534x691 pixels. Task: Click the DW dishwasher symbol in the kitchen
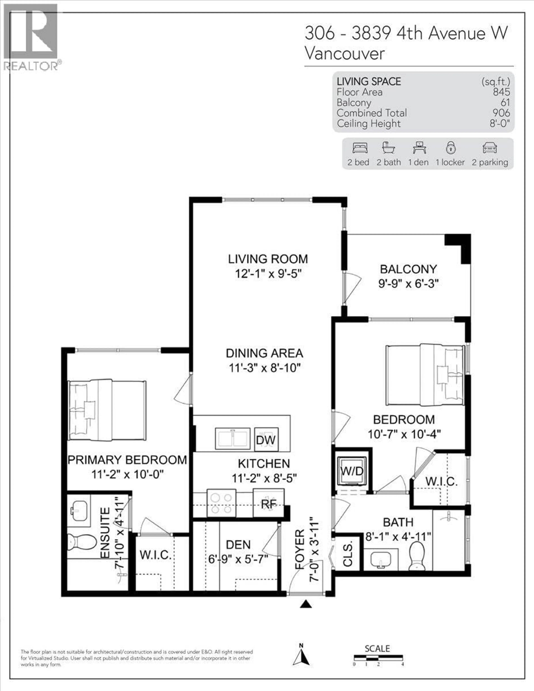[x=266, y=440]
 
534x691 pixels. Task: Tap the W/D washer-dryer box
[x=352, y=471]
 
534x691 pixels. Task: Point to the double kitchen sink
[x=233, y=439]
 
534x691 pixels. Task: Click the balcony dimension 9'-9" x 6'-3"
[x=408, y=283]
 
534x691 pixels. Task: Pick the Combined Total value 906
[x=501, y=113]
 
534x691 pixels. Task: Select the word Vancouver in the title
[x=345, y=54]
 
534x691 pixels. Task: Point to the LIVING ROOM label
[x=268, y=259]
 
